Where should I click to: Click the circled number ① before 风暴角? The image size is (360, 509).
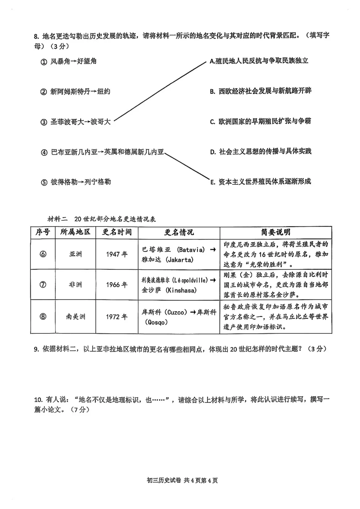coord(44,62)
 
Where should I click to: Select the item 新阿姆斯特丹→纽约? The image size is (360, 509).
coord(80,92)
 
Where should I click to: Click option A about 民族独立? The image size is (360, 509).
coord(259,61)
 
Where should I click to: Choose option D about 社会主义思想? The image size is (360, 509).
coord(261,152)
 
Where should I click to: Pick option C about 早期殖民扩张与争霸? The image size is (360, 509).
coord(260,121)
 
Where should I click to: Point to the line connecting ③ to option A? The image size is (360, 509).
coord(160,90)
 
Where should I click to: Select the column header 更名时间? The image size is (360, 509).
coord(117,232)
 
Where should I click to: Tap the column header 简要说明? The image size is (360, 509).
coord(275,232)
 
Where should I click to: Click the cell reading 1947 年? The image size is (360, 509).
coord(117,254)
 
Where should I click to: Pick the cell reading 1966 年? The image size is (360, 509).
coord(117,285)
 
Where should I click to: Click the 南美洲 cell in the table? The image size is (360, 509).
coord(75,317)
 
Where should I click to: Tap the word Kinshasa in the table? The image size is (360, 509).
coord(181,290)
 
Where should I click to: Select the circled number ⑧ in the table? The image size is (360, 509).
coord(43,317)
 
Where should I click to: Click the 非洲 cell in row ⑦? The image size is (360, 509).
coord(75,285)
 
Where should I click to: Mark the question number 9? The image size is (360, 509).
coord(36,349)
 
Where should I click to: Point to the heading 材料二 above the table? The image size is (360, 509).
coord(57,219)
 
